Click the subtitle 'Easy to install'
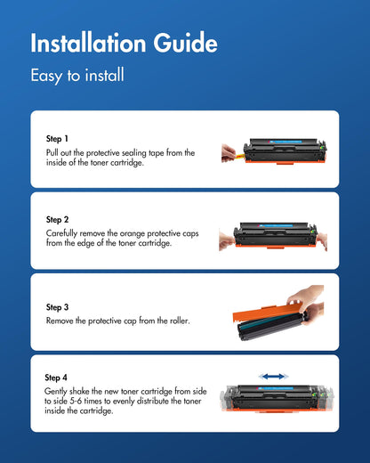[76, 76]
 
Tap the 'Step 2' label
[57, 218]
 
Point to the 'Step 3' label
[57, 307]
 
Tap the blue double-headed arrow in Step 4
[274, 377]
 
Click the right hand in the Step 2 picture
[322, 240]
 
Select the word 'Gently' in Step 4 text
[55, 391]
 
